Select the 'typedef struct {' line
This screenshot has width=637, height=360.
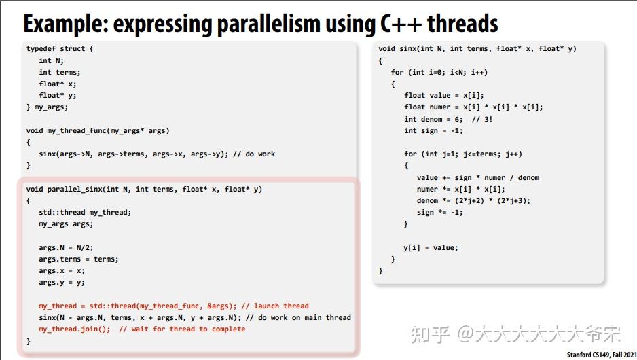60,49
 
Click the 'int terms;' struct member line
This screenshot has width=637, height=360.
60,72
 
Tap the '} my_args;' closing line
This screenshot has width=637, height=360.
48,107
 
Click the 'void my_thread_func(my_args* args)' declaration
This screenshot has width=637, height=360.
98,130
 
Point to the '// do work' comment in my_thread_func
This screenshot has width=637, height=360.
254,154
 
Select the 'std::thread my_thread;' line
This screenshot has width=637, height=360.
85,212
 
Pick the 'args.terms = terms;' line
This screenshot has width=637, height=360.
79,259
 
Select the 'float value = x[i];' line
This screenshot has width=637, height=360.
444,96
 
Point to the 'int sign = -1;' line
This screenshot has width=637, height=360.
433,130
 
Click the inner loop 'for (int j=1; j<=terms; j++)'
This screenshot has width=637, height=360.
463,154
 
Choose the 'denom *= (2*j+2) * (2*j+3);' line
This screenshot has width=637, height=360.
473,200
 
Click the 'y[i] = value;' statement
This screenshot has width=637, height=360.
431,247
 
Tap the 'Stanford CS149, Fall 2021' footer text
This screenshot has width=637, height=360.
600,355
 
